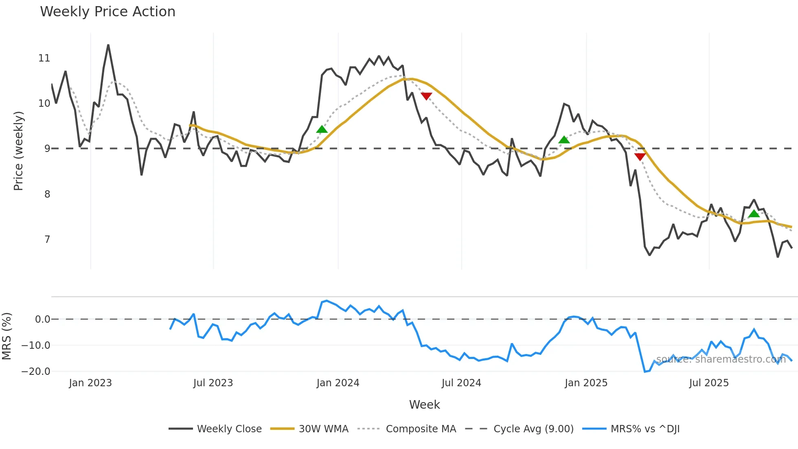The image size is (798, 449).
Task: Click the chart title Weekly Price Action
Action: point(107,12)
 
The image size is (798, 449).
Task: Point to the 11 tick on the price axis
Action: point(44,58)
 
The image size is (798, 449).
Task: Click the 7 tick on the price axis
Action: point(47,240)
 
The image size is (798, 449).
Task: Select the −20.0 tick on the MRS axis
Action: point(36,372)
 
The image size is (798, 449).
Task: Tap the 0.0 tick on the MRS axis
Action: point(42,319)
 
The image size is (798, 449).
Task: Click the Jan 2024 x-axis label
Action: point(338,383)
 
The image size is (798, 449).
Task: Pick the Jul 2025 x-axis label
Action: point(709,383)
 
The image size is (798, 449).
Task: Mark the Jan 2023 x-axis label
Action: point(90,383)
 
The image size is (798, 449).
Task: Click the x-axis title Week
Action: point(424,405)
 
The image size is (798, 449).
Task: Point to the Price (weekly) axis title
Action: point(18,151)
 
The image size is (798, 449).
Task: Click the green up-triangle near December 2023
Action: point(322,130)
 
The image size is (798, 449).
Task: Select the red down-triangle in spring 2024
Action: point(426,96)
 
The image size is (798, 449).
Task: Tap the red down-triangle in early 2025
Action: point(640,157)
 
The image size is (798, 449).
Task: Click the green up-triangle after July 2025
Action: point(754,214)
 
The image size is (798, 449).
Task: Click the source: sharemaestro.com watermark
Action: point(721,359)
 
